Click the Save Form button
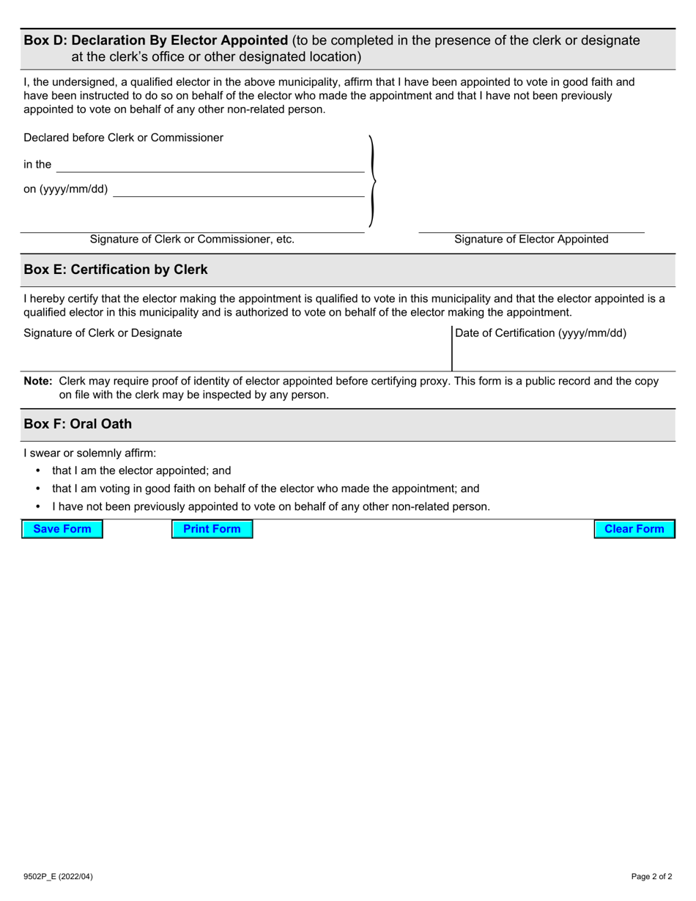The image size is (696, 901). tap(62, 529)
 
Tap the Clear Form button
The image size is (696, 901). tap(634, 529)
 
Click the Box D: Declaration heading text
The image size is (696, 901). tap(156, 40)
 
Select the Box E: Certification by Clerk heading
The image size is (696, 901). tap(116, 270)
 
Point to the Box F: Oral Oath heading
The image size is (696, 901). tap(78, 424)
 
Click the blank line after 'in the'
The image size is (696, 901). tap(210, 166)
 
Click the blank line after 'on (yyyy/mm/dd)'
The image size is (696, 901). tap(239, 190)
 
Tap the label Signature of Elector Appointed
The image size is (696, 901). tap(531, 240)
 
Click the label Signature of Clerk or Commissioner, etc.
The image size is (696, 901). tap(192, 240)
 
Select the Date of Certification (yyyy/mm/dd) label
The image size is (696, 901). tap(541, 333)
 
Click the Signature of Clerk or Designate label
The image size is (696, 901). tap(103, 333)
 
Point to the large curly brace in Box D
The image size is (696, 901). tap(372, 181)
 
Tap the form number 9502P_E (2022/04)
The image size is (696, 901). tap(58, 876)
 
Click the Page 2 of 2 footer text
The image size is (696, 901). tap(651, 876)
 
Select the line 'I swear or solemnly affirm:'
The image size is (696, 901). tap(90, 453)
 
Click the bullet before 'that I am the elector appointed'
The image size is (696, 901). tap(38, 471)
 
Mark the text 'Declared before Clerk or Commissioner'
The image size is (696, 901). tap(124, 138)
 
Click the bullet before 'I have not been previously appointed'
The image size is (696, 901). tap(38, 506)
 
